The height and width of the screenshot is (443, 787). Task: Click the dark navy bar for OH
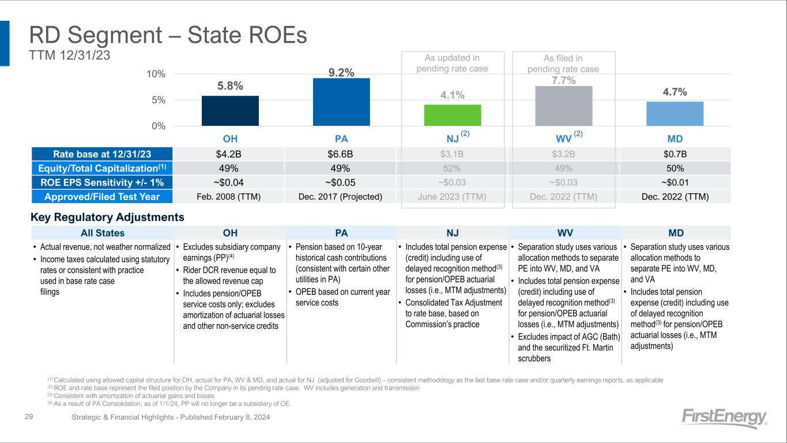tap(230, 111)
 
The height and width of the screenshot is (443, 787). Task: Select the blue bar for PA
tap(341, 102)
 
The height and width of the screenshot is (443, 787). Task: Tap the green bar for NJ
tap(453, 115)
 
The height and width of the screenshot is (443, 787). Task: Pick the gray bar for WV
tap(564, 106)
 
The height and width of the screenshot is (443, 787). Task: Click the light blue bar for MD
tap(675, 114)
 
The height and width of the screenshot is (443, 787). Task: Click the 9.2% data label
tap(341, 72)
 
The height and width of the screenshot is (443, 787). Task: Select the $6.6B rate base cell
tap(341, 154)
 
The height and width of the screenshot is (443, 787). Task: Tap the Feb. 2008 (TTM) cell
tap(230, 196)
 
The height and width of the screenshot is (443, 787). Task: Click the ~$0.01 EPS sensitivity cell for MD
tap(675, 182)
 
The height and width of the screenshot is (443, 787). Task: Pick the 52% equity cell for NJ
tap(453, 168)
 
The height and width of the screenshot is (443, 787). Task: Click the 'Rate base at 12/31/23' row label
tap(102, 154)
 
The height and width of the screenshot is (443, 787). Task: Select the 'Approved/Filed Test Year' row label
tap(102, 196)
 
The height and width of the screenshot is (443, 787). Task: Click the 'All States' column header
tap(102, 233)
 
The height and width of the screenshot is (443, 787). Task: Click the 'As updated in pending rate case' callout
tap(452, 63)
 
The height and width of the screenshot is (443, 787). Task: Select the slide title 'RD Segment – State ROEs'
tap(168, 36)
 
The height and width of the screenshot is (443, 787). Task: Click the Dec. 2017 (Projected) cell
tap(341, 196)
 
